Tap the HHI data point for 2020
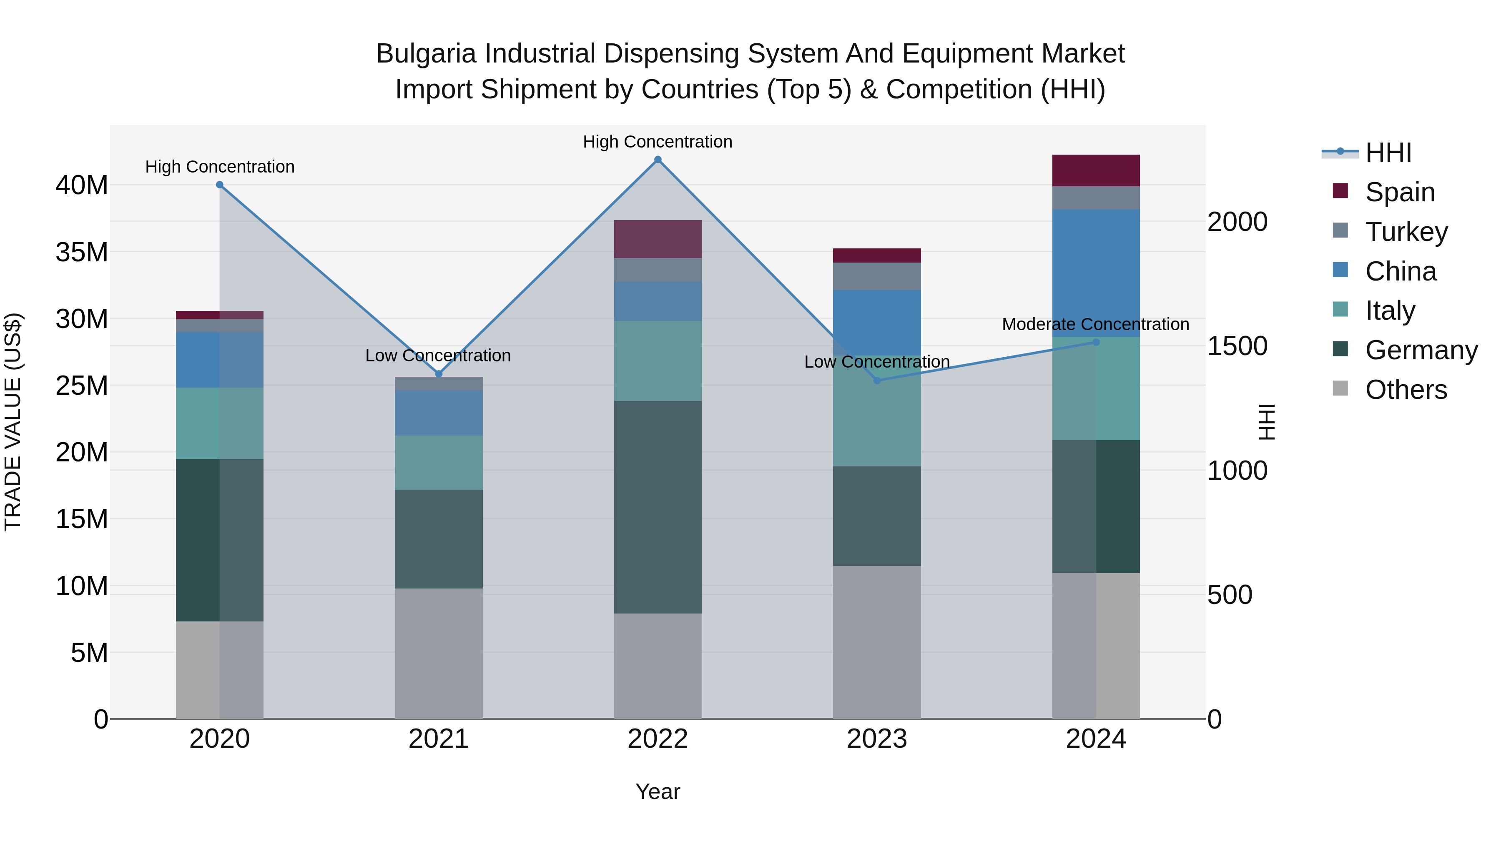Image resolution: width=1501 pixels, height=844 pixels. click(220, 185)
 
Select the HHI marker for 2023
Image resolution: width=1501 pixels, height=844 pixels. click(876, 381)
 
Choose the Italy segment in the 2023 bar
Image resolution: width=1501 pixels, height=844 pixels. click(876, 411)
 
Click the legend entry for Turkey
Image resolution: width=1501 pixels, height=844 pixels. click(1406, 232)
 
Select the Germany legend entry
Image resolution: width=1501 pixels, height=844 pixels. click(1421, 350)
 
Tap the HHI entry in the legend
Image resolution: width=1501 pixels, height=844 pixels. click(1388, 153)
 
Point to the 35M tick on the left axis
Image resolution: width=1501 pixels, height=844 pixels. click(82, 252)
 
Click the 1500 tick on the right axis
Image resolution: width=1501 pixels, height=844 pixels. click(1237, 346)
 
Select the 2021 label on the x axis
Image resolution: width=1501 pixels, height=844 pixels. click(438, 739)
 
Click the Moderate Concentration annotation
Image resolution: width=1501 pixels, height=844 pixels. click(1095, 324)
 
